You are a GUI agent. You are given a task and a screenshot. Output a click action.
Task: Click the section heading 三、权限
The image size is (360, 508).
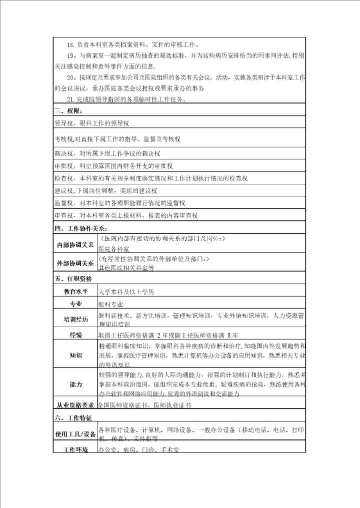(69, 110)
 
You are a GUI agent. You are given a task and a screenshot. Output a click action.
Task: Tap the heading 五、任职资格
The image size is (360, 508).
(72, 279)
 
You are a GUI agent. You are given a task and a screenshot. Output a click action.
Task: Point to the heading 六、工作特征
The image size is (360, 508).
(72, 416)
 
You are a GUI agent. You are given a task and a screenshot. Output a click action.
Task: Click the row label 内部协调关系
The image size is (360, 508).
(75, 245)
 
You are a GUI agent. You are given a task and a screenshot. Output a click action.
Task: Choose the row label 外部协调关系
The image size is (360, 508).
(75, 263)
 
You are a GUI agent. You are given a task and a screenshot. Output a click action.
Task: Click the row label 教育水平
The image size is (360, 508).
(75, 292)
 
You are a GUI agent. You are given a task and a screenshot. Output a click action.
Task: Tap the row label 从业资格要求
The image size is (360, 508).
(75, 405)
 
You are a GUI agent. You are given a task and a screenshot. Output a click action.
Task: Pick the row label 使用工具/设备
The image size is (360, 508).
(75, 434)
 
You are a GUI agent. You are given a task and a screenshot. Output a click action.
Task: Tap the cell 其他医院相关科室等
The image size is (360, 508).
(126, 268)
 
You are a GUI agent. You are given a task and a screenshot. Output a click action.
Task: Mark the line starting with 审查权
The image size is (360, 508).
(126, 215)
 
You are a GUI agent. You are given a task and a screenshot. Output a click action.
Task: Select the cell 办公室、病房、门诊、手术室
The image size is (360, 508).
(138, 450)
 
